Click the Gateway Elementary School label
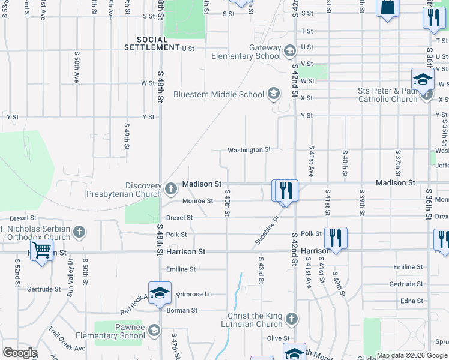pos(247,52)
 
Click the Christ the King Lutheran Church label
pos(255,320)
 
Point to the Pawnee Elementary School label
pos(121,332)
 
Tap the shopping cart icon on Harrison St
pos(41,250)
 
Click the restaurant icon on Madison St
pos(285,190)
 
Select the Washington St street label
pos(249,149)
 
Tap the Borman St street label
pos(182,310)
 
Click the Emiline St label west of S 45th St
pos(181,269)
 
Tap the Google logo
pos(20,352)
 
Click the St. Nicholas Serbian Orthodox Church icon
pos(79,232)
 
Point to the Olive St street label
pos(274,339)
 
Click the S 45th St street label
pos(228,204)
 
